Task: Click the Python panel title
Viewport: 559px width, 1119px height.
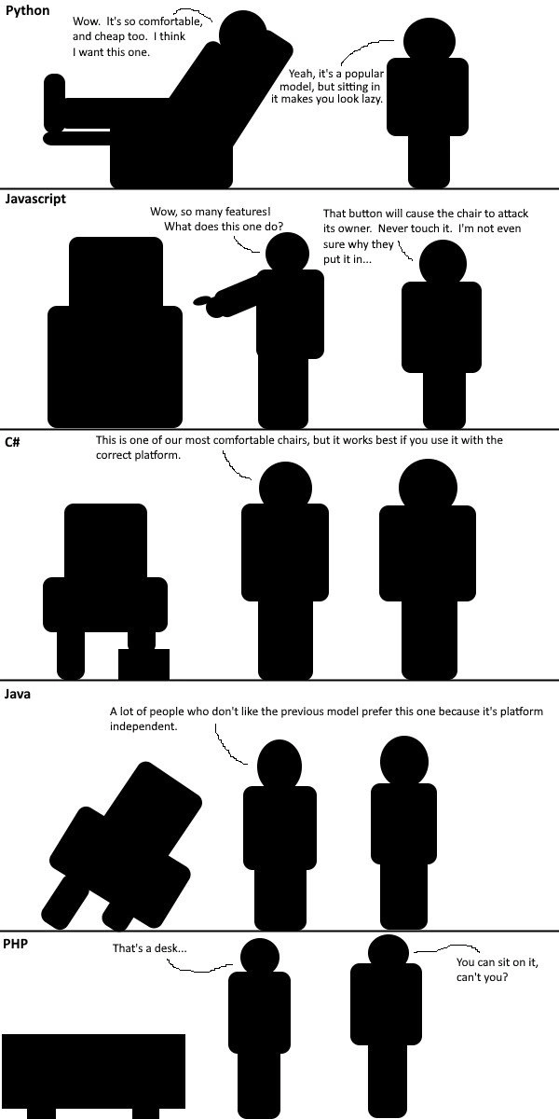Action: click(27, 10)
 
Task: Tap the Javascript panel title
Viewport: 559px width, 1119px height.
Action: click(35, 199)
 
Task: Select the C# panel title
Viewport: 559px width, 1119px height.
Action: click(12, 442)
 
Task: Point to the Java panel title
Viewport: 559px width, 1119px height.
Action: click(18, 694)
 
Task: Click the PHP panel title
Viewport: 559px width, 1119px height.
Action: click(16, 944)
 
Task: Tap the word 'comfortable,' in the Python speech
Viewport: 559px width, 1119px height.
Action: click(170, 21)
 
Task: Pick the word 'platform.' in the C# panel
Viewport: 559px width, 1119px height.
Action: click(159, 455)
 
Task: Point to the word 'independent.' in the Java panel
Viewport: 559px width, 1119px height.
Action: click(143, 725)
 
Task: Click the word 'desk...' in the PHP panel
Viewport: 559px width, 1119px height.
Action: click(170, 947)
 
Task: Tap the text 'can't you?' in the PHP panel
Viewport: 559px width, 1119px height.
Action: click(483, 976)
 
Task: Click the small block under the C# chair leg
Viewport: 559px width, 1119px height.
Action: click(143, 664)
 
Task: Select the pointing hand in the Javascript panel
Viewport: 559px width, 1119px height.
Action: click(202, 300)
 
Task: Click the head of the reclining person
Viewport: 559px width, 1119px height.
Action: click(243, 31)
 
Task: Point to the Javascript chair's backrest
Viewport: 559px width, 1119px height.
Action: click(116, 272)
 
